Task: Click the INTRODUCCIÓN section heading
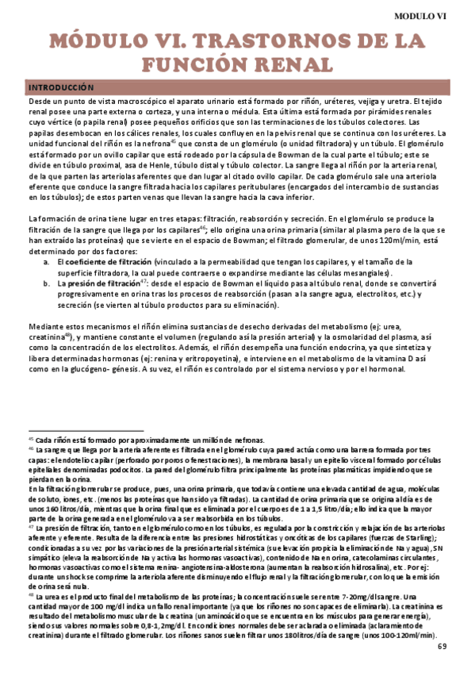point(60,87)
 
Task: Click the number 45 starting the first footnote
point(32,438)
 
